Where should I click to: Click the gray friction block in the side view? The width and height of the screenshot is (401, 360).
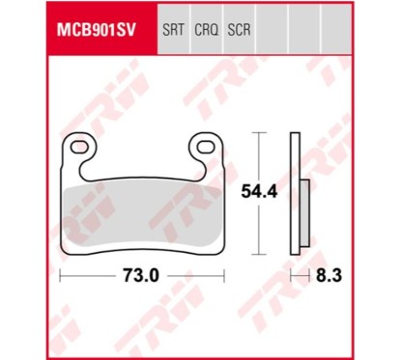point(302,216)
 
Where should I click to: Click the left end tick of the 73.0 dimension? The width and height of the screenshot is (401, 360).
point(61,276)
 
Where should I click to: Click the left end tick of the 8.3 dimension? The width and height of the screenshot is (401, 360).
point(292,276)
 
